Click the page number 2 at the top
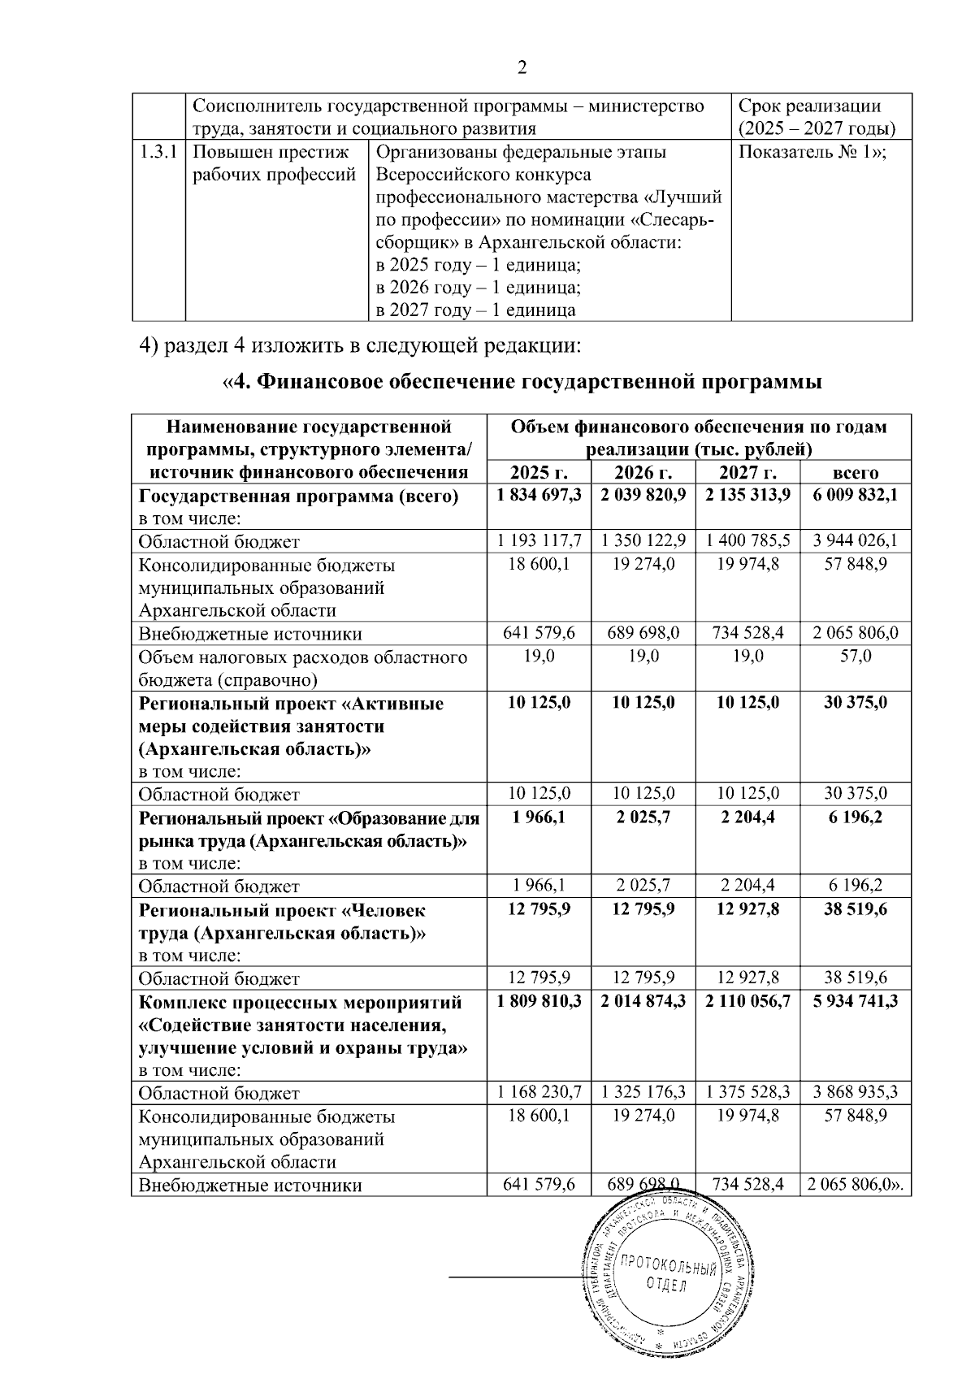point(522,68)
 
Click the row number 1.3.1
point(159,152)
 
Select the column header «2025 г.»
point(539,473)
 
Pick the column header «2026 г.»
point(643,473)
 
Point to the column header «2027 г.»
point(747,473)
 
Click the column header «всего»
point(856,473)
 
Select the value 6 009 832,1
point(856,496)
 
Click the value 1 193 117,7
point(539,541)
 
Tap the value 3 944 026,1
point(856,541)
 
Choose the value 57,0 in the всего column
point(856,657)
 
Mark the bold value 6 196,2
point(856,817)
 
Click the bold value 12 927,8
point(747,908)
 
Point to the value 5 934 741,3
point(856,1001)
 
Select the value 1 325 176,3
point(643,1093)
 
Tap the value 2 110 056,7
point(747,1001)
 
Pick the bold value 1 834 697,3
point(539,496)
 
